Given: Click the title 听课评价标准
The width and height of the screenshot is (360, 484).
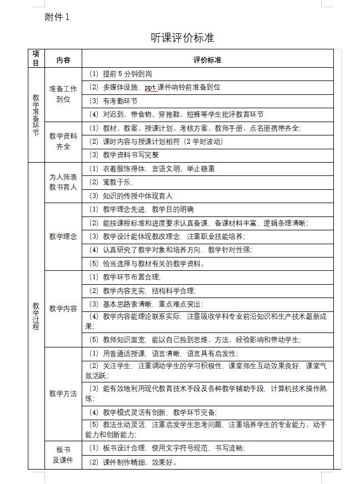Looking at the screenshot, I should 182,38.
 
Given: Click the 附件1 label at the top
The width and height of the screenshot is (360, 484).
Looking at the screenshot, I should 57,17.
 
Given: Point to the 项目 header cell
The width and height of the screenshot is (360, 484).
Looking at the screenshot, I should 36,58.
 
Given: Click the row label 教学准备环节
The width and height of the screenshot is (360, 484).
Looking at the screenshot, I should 36,115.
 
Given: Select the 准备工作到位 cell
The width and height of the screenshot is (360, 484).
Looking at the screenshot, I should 63,94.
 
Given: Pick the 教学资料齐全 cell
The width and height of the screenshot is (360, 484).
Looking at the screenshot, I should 63,142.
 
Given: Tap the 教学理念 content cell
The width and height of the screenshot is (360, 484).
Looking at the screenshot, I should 63,236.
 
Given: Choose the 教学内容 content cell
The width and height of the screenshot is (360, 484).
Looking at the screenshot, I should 63,308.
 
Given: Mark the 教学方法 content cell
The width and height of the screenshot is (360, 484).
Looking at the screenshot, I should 63,394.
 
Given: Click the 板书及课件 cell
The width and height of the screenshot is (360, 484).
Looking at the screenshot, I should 63,455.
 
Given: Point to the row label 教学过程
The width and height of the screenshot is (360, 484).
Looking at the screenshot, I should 36,316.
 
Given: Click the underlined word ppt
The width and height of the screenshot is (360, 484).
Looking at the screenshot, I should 151,87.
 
